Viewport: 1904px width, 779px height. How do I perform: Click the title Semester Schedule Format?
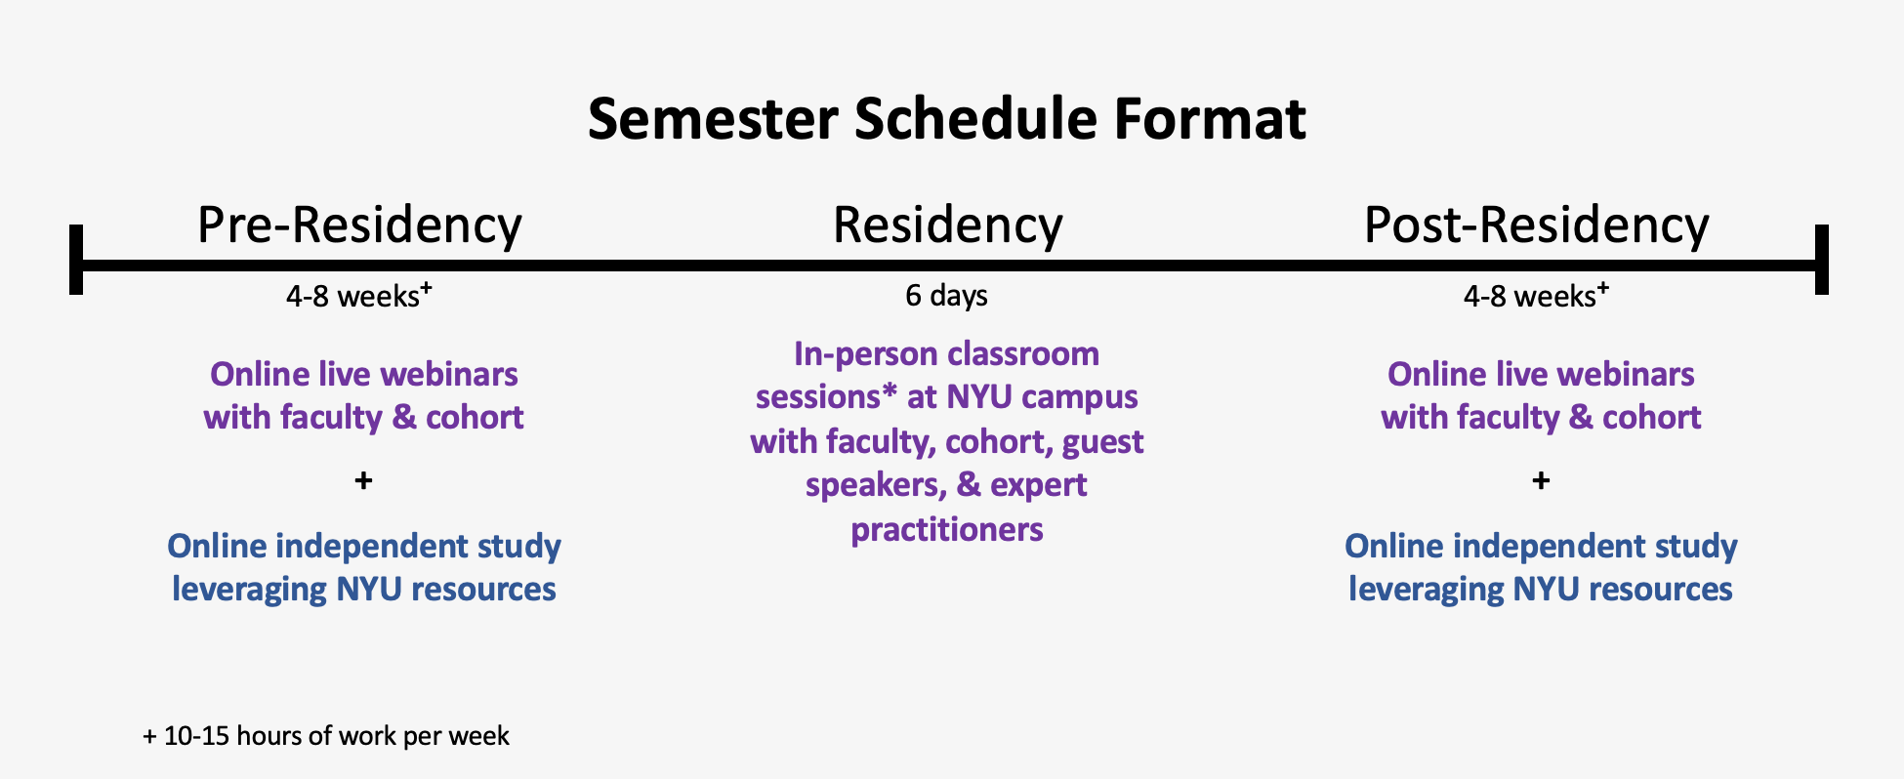(x=946, y=119)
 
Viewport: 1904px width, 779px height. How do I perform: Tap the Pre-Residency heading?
(x=359, y=225)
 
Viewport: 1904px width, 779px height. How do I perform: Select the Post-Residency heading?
(x=1536, y=225)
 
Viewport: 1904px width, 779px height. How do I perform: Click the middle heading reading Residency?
(x=947, y=225)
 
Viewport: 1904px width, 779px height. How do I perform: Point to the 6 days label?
(x=946, y=295)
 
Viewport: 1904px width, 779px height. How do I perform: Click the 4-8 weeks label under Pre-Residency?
(x=358, y=295)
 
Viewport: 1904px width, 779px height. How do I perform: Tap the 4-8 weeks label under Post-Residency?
(x=1536, y=295)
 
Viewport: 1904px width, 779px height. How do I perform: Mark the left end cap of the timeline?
(x=76, y=260)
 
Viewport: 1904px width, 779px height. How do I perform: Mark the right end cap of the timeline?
(x=1821, y=260)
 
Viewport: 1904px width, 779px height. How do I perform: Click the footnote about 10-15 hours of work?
(x=326, y=736)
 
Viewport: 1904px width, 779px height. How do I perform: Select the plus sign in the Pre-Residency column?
(x=363, y=480)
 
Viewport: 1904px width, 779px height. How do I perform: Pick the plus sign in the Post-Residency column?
(x=1541, y=480)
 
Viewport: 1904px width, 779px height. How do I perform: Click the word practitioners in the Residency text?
(x=947, y=530)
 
